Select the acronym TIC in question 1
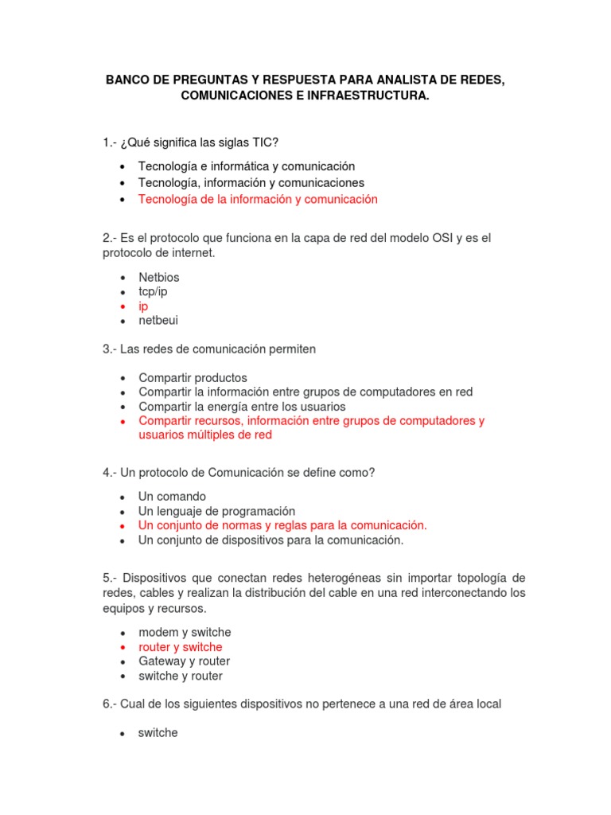(266, 142)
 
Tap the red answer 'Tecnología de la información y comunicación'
(258, 200)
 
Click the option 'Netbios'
(158, 277)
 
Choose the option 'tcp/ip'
(153, 291)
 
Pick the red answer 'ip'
(143, 306)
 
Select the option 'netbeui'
(158, 320)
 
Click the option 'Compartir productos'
(193, 377)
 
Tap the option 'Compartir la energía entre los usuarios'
(242, 406)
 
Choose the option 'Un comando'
(172, 496)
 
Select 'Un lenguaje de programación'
(216, 511)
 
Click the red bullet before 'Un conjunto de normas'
(122, 526)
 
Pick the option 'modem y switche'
(185, 632)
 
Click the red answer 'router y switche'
(181, 647)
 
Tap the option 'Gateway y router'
(184, 661)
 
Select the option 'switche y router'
(181, 676)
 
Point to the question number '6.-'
(110, 704)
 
